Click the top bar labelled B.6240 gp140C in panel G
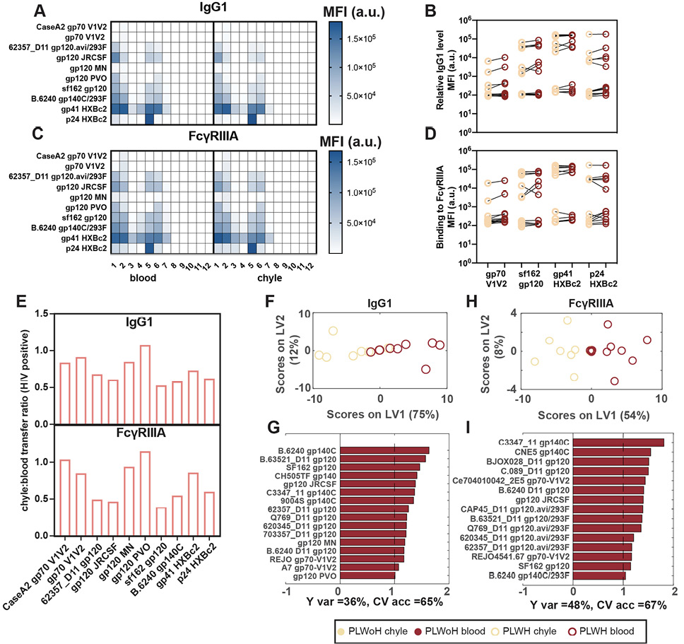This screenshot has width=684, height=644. point(384,450)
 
